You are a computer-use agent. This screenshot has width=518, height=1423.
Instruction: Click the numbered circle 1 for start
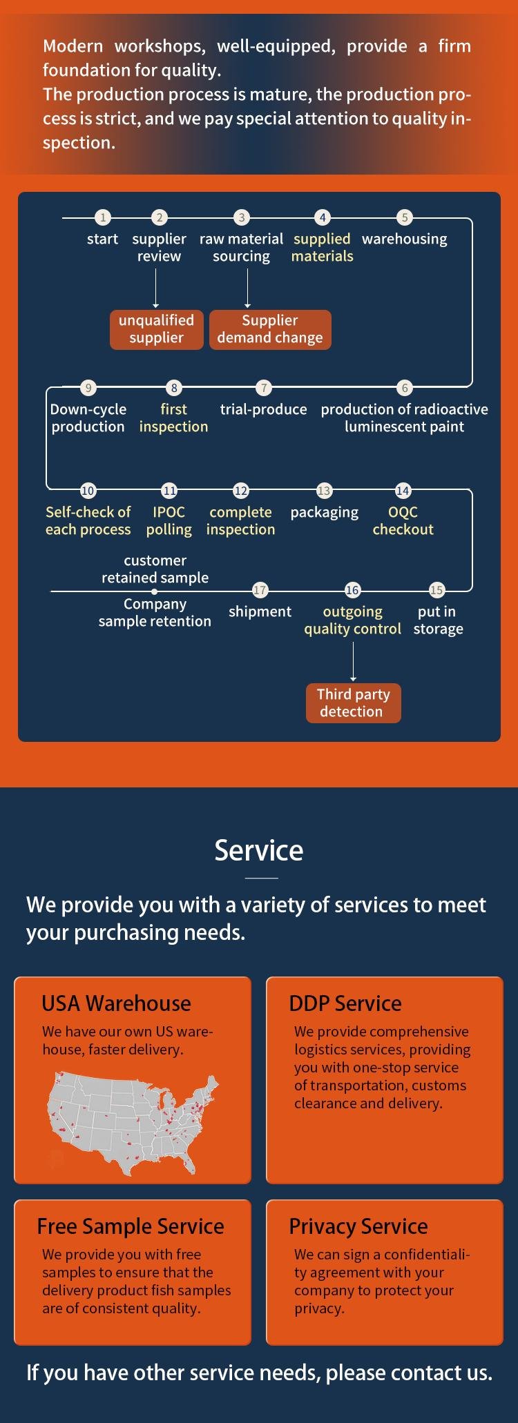103,217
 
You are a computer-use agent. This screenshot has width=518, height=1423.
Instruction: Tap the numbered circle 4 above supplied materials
323,217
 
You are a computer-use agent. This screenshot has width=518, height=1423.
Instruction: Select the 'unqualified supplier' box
157,329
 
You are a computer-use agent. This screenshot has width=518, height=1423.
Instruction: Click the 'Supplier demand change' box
270,329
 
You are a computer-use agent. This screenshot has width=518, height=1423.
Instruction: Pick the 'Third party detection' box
354,703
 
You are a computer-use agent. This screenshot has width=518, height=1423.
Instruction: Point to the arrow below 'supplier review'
156,288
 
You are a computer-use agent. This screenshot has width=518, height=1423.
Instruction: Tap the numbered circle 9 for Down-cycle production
88,388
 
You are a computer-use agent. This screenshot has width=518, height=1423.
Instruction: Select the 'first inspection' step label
173,418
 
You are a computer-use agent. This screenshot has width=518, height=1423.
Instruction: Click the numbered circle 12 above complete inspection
240,491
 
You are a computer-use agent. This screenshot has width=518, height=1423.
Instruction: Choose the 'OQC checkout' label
403,520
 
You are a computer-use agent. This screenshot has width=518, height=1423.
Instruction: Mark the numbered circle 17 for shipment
260,590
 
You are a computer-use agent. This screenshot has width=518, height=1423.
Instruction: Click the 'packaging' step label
325,513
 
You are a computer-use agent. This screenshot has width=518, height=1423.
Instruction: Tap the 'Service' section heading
259,850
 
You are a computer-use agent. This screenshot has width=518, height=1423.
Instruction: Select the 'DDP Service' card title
345,1003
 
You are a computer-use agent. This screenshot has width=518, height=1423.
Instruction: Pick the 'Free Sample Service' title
131,1226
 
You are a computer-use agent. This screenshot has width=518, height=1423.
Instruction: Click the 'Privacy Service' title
358,1226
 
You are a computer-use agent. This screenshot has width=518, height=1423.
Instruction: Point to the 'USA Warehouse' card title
116,1003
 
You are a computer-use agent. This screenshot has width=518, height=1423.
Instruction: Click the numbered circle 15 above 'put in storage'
437,590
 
